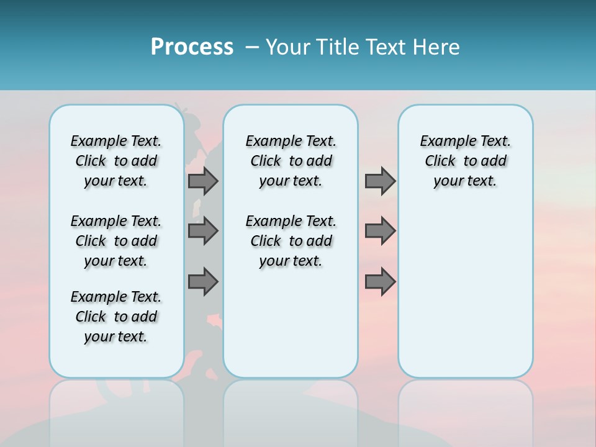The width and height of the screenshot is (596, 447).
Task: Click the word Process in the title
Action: tap(192, 47)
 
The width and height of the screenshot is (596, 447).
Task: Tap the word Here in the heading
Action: tap(436, 47)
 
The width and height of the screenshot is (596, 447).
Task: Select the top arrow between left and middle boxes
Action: tap(203, 181)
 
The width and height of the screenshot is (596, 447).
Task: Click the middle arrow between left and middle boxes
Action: tap(203, 231)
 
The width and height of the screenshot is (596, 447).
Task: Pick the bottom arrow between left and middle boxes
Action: tap(203, 282)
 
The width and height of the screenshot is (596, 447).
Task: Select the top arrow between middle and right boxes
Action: tap(380, 181)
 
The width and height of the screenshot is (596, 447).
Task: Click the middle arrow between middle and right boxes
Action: tap(380, 231)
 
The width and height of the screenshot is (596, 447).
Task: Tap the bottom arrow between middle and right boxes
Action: tap(380, 282)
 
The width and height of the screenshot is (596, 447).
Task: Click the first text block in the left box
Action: tap(116, 161)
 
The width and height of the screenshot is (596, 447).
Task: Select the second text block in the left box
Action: tap(116, 241)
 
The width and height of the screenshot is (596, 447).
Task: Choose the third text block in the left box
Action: tap(116, 317)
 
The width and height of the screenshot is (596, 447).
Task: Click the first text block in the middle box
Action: tap(291, 161)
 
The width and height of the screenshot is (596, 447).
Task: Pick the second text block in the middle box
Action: tap(291, 241)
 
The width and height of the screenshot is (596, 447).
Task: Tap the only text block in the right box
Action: tap(465, 161)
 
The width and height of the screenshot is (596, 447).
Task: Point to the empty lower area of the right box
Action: tap(465, 292)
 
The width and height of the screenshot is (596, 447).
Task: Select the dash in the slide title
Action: tap(252, 47)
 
